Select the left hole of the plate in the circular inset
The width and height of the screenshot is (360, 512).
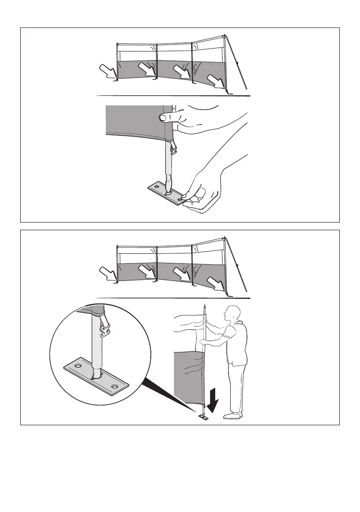[79, 365]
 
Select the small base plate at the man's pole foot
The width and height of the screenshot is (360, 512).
[204, 417]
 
